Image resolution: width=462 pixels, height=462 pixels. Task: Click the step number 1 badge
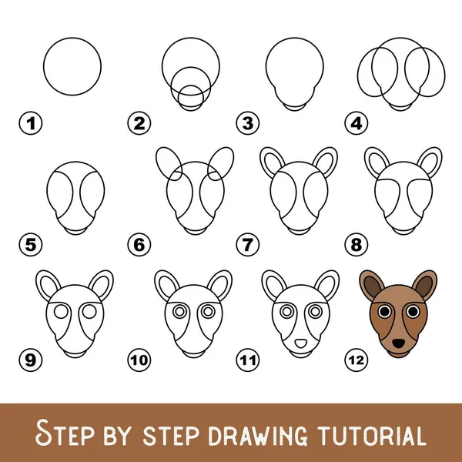pyautogui.click(x=31, y=123)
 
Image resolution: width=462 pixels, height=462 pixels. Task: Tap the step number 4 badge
pyautogui.click(x=357, y=123)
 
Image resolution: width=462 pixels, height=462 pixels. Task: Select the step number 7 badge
pyautogui.click(x=248, y=245)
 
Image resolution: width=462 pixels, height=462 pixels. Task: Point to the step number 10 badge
pyautogui.click(x=139, y=360)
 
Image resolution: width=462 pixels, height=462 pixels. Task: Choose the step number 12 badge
pyautogui.click(x=357, y=360)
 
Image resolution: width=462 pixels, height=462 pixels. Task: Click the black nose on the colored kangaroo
pyautogui.click(x=398, y=343)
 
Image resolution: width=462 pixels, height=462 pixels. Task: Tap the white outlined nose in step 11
pyautogui.click(x=300, y=343)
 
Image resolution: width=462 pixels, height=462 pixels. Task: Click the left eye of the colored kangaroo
pyautogui.click(x=384, y=311)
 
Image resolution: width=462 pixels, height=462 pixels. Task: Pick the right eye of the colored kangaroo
pyautogui.click(x=413, y=311)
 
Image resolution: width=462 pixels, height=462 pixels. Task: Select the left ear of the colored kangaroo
pyautogui.click(x=371, y=284)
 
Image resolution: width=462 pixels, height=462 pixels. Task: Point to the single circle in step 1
pyautogui.click(x=72, y=38)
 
